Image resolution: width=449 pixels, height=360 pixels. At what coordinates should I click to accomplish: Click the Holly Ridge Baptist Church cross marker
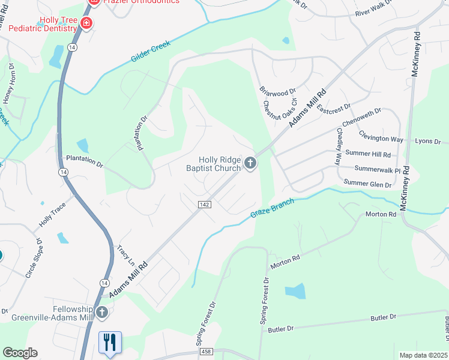250,162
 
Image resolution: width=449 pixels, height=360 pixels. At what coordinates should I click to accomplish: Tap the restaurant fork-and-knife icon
110,342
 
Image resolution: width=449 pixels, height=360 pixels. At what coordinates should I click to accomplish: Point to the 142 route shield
203,205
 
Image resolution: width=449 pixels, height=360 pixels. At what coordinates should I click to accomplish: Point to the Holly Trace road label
52,214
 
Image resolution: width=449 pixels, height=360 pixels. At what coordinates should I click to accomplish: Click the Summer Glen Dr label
367,183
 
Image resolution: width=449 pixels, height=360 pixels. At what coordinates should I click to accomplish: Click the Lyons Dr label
428,142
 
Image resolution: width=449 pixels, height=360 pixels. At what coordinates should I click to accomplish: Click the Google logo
19,353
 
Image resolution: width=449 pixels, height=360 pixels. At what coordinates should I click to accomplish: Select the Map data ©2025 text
423,355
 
